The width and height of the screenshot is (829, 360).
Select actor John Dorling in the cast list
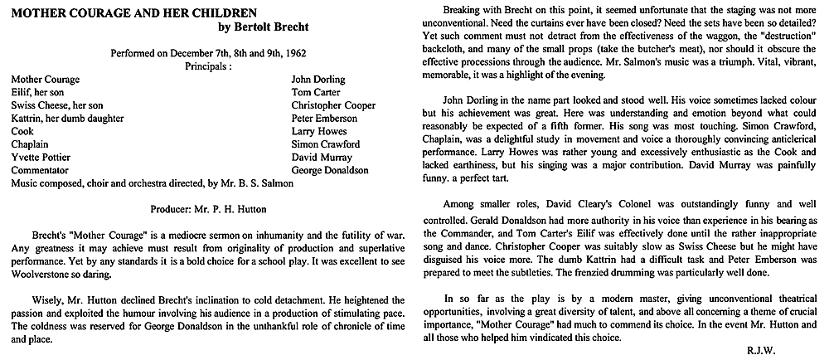318,80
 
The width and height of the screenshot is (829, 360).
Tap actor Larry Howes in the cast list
318,131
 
